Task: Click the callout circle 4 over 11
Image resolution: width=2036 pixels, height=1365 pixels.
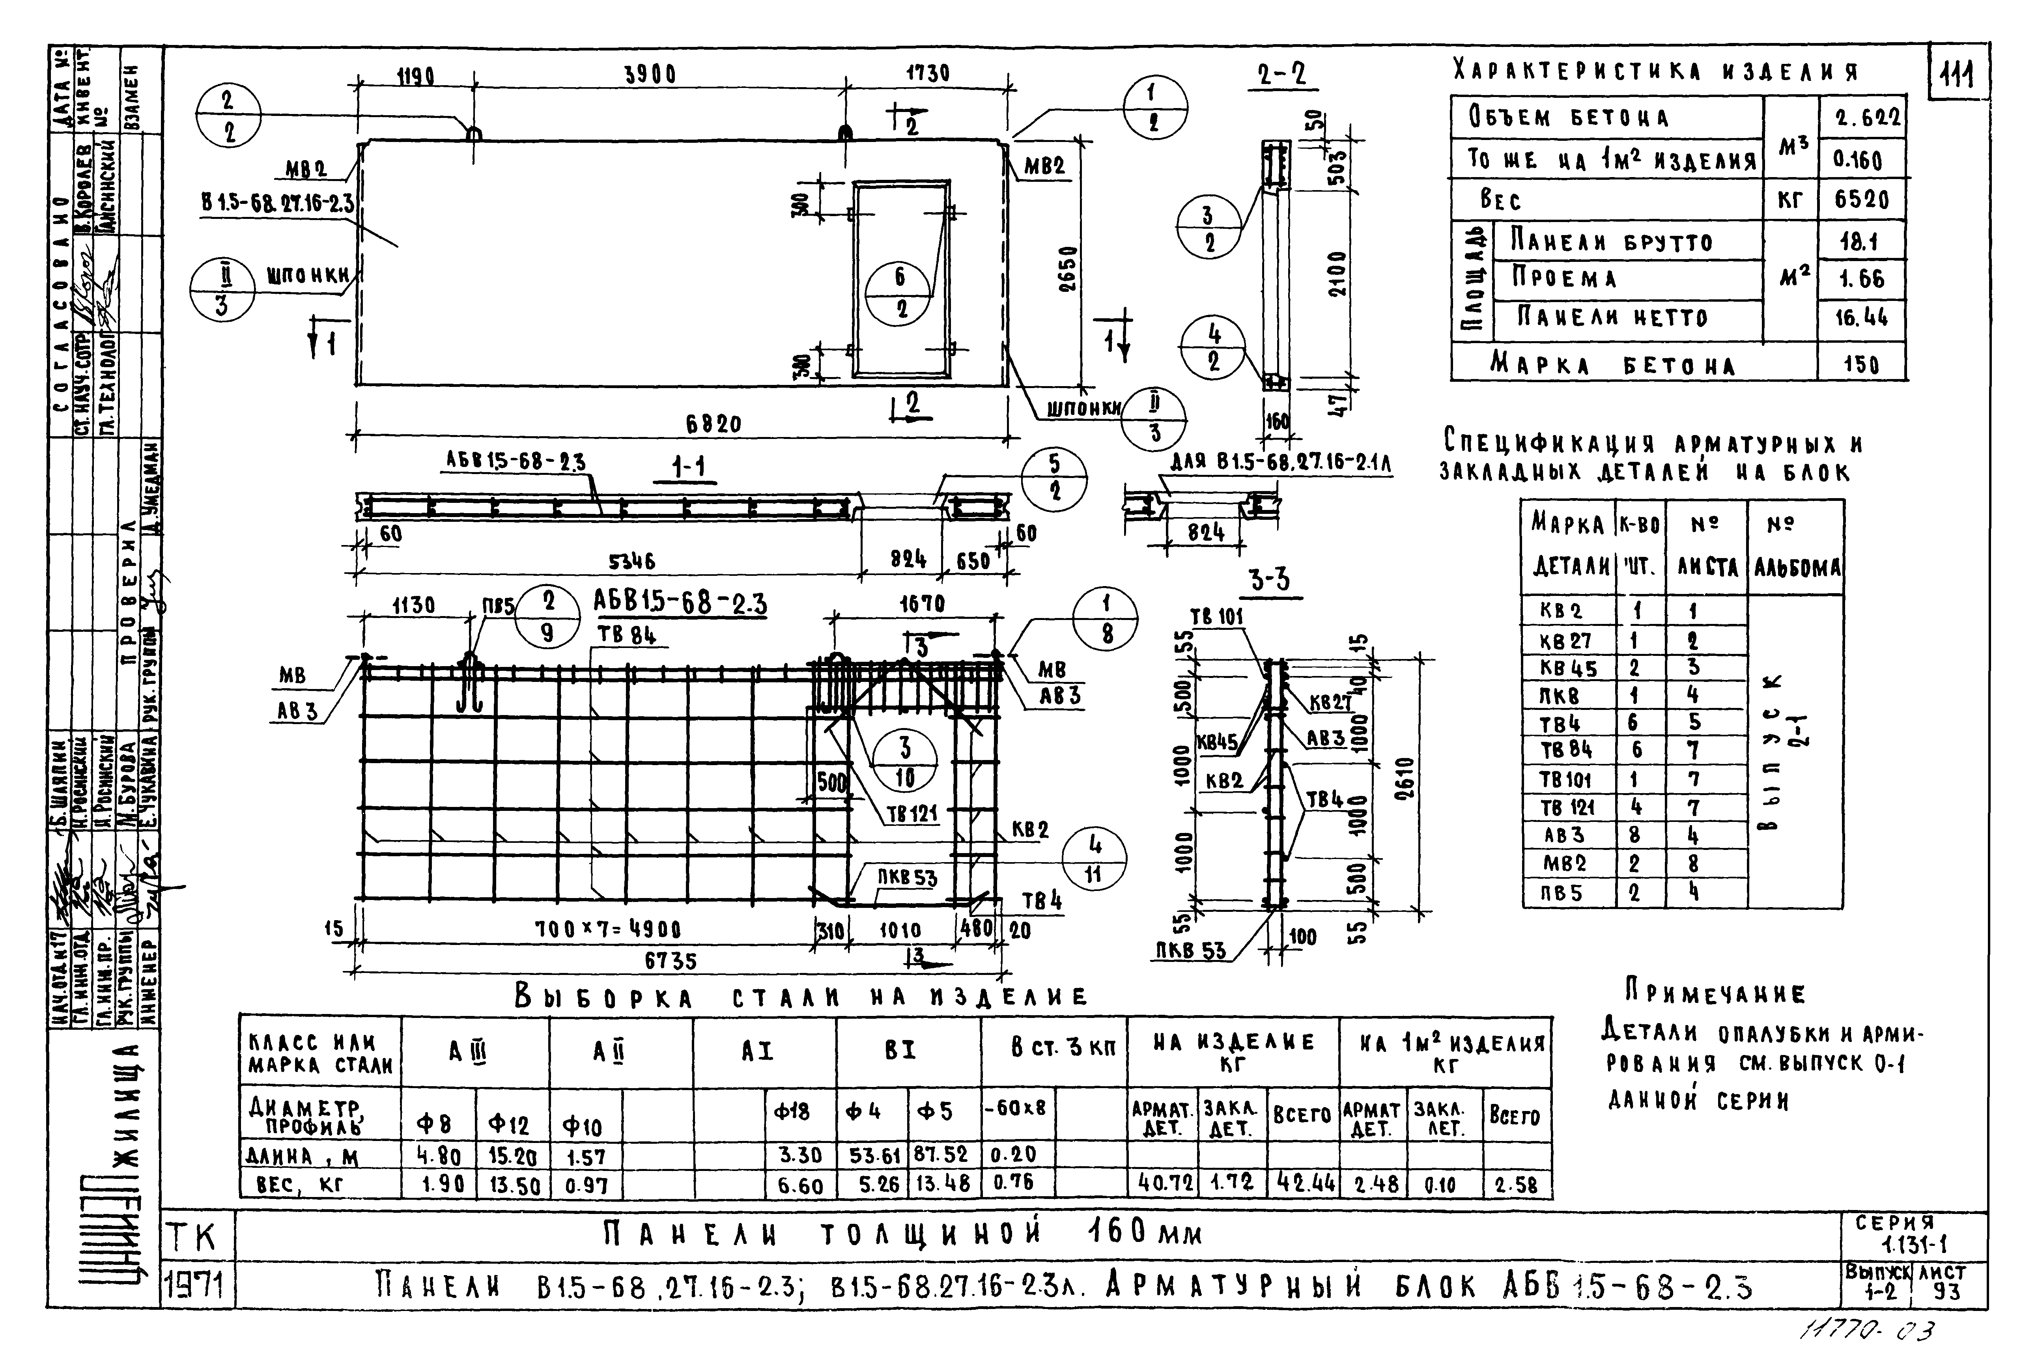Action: pos(1094,860)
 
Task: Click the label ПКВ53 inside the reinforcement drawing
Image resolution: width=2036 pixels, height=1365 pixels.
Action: pos(906,878)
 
